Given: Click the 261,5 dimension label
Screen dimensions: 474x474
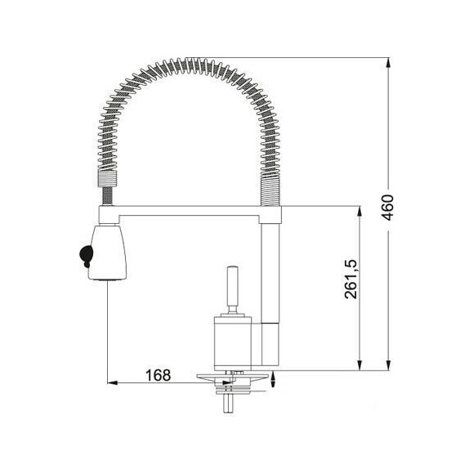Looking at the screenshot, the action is coord(351,279).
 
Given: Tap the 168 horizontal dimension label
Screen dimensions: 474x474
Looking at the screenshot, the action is coord(158,375).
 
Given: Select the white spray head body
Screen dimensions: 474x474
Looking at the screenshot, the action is coord(108,253).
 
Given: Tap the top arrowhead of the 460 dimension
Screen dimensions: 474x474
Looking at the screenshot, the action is coord(389,63).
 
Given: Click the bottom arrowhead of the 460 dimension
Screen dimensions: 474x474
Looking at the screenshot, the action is coord(389,364).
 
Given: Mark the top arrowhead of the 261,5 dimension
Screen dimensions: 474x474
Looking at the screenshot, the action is coord(360,212).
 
